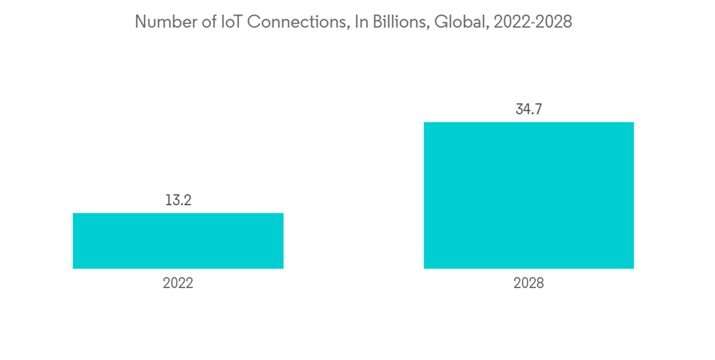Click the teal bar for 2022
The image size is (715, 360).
tap(178, 241)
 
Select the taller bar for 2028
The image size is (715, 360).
tap(528, 195)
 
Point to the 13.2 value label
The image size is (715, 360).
tap(178, 201)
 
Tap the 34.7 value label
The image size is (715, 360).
tap(528, 110)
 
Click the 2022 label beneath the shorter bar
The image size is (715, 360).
tap(178, 284)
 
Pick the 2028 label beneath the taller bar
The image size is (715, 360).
tap(528, 284)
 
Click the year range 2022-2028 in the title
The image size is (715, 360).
tap(531, 22)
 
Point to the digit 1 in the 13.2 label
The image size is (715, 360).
tap(169, 201)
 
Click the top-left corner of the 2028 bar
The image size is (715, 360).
tap(424, 122)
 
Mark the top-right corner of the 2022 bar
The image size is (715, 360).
tap(283, 213)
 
